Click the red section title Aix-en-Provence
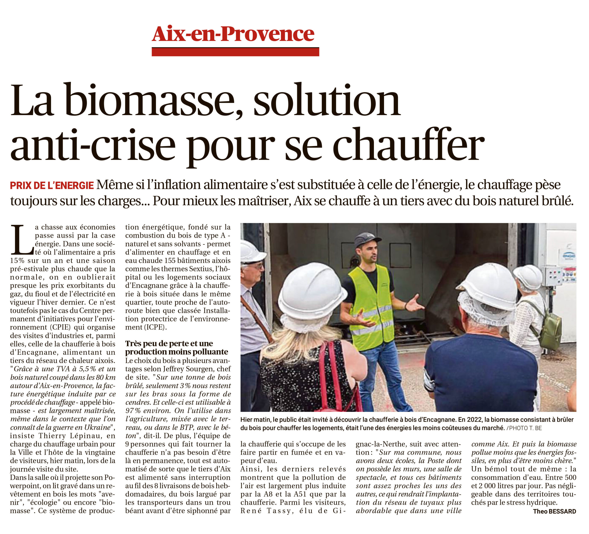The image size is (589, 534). pyautogui.click(x=233, y=34)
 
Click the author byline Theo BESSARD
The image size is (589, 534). pyautogui.click(x=554, y=511)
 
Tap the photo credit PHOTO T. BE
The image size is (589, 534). pyautogui.click(x=525, y=428)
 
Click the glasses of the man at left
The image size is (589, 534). pyautogui.click(x=256, y=266)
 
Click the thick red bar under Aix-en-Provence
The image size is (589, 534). pyautogui.click(x=235, y=52)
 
